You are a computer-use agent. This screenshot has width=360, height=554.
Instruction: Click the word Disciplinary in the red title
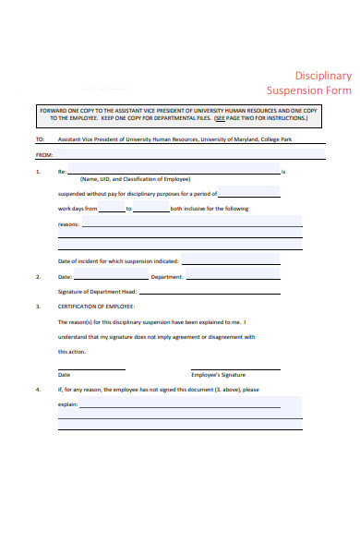tap(323, 76)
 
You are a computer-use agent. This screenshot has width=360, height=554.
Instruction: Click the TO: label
tap(40, 140)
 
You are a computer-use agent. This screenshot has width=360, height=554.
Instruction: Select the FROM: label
tap(43, 156)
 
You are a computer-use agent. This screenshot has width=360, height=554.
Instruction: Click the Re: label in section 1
tap(62, 172)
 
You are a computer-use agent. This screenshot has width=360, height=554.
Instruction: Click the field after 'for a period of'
tap(248, 192)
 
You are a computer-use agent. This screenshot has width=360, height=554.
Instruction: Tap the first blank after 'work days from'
tap(112, 209)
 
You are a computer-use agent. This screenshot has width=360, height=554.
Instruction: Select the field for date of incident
tap(243, 260)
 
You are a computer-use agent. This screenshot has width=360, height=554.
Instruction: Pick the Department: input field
tap(246, 276)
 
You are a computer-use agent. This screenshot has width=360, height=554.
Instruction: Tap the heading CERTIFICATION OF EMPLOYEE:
tap(97, 306)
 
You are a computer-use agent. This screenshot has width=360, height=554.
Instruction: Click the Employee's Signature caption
tap(218, 375)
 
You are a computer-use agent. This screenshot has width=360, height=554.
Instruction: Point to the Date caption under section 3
tap(64, 375)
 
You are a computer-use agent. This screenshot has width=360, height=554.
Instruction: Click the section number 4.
tap(38, 390)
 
